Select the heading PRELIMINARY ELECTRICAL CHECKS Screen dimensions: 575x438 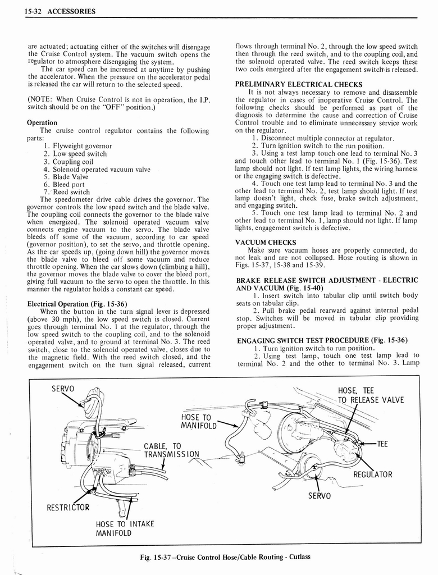tap(298, 85)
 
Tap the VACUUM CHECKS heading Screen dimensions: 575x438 tap(266, 242)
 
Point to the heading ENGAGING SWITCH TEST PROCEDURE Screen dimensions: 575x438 tap(322, 340)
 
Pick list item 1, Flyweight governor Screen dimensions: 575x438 tap(77, 146)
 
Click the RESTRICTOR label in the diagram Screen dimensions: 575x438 tap(67, 508)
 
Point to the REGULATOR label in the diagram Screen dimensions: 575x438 tap(372, 474)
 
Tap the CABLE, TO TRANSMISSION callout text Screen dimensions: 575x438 tap(171, 450)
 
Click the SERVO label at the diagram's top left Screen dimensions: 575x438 tap(62, 389)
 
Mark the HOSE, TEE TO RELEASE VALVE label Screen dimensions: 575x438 tap(370, 395)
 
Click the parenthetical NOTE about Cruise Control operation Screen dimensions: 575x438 tap(118, 104)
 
